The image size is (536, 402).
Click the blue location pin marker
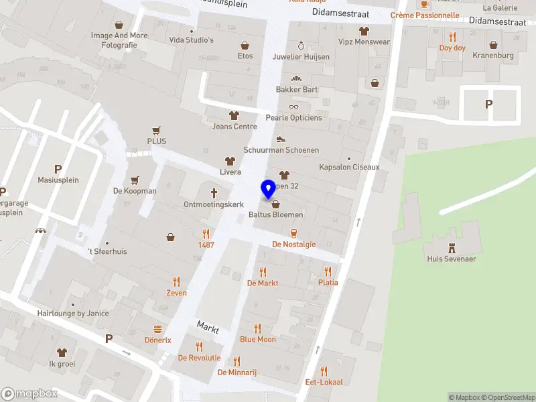tap(269, 189)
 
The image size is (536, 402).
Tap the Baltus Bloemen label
tap(275, 215)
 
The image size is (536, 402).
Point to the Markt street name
tap(208, 326)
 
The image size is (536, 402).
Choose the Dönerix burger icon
tap(158, 329)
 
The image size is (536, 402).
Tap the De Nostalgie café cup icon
tap(293, 233)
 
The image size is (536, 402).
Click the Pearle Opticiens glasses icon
tap(293, 107)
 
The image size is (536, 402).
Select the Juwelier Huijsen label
tap(301, 57)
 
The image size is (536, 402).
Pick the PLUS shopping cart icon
tap(157, 130)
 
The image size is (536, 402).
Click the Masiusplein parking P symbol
tap(58, 170)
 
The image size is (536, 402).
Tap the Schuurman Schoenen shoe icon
tap(281, 139)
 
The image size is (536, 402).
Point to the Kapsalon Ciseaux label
tap(349, 167)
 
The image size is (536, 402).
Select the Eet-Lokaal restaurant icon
tap(324, 371)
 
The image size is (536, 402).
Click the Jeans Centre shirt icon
tap(234, 115)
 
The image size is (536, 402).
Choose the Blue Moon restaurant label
tap(258, 340)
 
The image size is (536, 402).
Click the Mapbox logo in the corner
tap(29, 394)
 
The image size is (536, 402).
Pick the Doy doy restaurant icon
tap(452, 37)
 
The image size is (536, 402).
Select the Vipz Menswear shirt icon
tap(364, 30)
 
